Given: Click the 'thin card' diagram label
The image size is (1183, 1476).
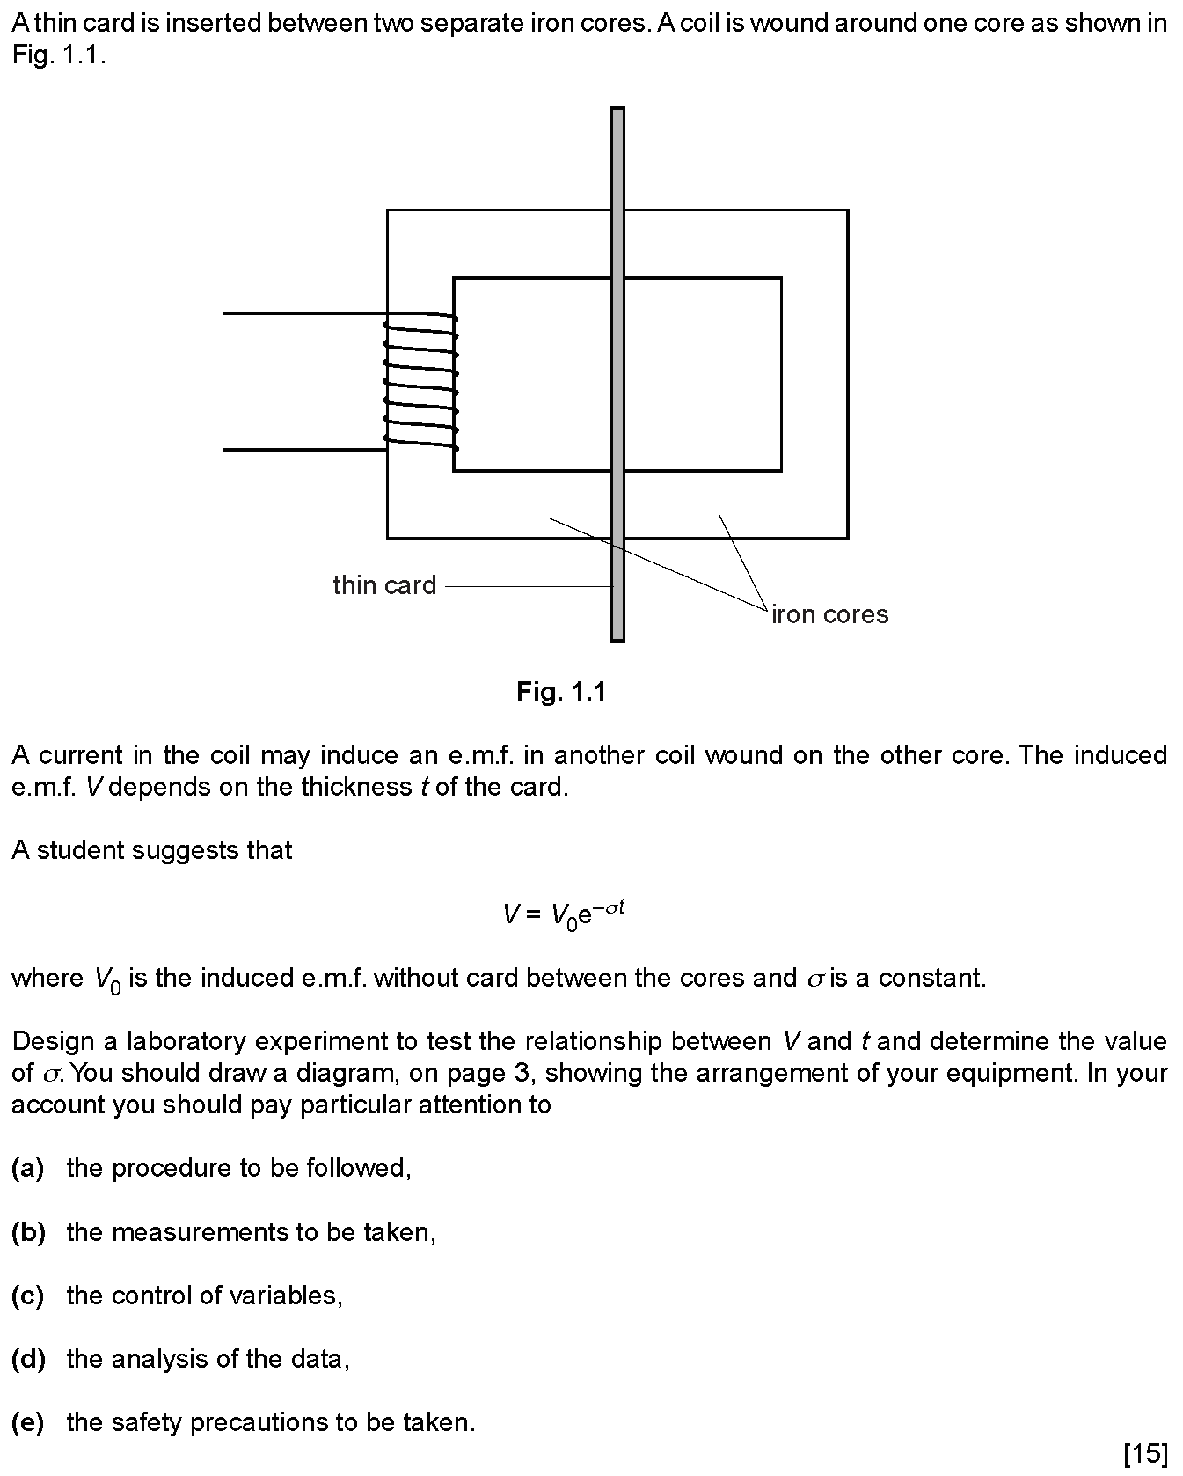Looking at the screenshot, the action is coord(384,585).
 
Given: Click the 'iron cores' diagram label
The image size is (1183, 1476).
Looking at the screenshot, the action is coord(829,614).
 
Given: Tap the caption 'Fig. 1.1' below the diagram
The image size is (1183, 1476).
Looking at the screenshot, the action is coord(561,692).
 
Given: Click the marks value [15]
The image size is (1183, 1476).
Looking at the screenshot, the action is coord(1146,1453).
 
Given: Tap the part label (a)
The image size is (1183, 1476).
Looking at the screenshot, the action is coord(28,1168).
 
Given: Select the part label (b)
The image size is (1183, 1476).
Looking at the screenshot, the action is coord(28,1231).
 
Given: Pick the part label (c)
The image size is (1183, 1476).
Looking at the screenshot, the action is coord(28,1295).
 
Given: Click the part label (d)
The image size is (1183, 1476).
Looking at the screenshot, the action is coord(28,1359).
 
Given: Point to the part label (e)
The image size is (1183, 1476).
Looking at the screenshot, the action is coord(28,1422).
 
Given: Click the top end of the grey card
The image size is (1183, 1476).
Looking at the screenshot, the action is coord(617,109).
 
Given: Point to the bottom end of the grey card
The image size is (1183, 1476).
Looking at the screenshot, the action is coord(617,640).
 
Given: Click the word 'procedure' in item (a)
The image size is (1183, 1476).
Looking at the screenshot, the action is coord(178,1169).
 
